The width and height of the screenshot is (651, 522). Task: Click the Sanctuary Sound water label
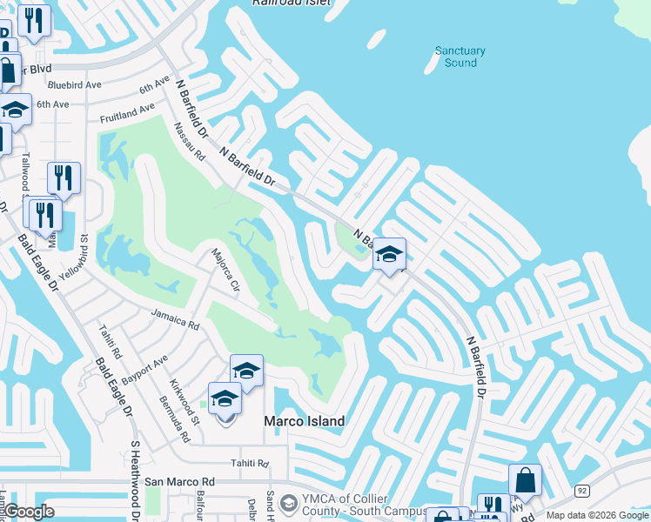(x=460, y=57)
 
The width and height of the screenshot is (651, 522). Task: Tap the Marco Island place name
(x=304, y=421)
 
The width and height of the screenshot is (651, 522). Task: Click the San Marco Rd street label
(x=179, y=481)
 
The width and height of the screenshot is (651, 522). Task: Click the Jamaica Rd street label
(x=175, y=320)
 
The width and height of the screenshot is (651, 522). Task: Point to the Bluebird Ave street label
(x=75, y=85)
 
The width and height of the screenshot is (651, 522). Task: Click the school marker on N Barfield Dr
(x=389, y=254)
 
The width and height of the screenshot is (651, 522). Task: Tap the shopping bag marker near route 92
(x=525, y=478)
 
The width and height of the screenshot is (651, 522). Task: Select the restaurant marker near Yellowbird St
(x=64, y=177)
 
